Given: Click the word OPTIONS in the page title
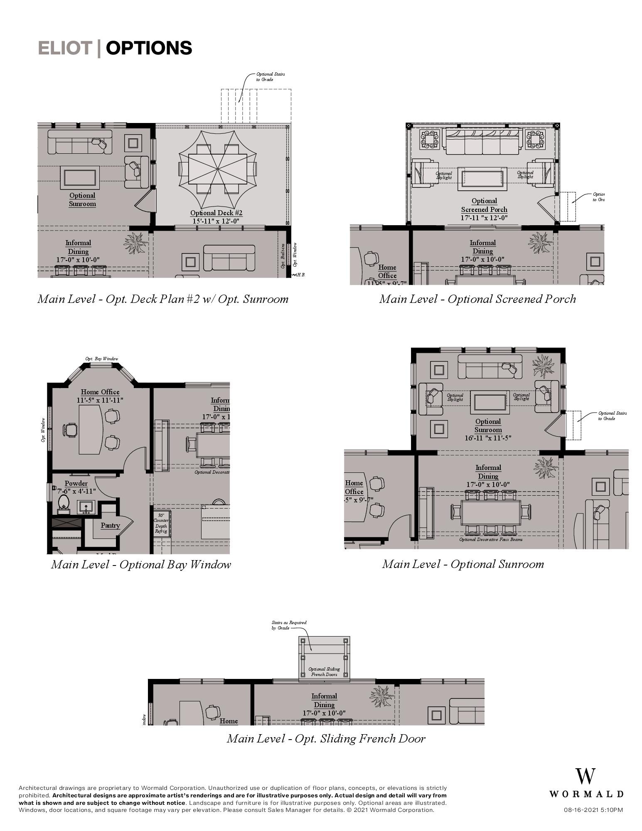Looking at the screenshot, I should [x=149, y=48].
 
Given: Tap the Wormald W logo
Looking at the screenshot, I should [x=585, y=777].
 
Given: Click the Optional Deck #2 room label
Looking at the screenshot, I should [x=216, y=213].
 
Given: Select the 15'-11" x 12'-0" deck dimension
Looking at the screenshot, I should [x=216, y=221].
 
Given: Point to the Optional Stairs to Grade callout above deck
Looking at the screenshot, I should [x=270, y=76].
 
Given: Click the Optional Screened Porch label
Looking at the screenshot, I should [x=484, y=205].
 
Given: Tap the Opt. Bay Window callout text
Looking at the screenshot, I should [x=102, y=359].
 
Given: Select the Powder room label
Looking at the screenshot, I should [x=76, y=483].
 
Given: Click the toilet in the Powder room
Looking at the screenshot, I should [x=64, y=502].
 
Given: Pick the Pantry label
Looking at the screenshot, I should [x=110, y=525].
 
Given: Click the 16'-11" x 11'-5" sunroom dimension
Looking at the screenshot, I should [x=488, y=438].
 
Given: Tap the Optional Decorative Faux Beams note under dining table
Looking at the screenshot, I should [x=491, y=539].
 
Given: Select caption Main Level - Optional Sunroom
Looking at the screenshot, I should [x=463, y=564].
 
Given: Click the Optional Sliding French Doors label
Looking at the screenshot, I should [x=324, y=671].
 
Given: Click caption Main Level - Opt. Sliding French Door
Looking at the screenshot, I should [x=326, y=738].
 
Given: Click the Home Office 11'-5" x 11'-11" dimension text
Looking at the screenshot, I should [x=100, y=400].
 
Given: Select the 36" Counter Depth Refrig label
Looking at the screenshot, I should [x=161, y=523].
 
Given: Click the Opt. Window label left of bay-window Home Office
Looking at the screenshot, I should [x=43, y=430].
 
